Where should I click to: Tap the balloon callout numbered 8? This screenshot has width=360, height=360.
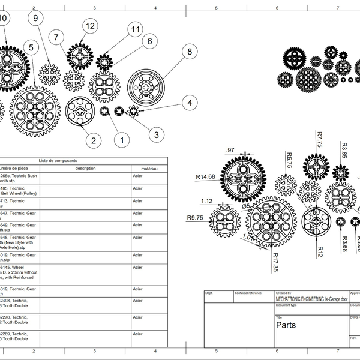tap(190, 52)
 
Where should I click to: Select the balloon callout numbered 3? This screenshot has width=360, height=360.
tap(156, 134)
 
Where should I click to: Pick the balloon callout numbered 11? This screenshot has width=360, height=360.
tap(135, 29)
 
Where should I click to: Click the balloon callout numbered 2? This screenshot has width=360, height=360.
tap(92, 140)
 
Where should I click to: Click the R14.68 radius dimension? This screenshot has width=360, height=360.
tap(206, 177)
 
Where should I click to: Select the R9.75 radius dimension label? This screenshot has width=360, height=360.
tap(196, 218)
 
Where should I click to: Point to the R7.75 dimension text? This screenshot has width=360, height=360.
tap(320, 139)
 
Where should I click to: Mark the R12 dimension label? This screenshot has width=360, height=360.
tap(320, 248)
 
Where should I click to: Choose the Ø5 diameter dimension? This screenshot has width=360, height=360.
tap(245, 206)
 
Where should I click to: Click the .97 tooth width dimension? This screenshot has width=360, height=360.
tap(230, 150)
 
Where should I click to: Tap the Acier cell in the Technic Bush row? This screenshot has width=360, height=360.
tap(137, 177)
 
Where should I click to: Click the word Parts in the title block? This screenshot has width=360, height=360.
tap(286, 325)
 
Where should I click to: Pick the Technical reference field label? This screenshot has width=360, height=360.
tap(248, 293)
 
